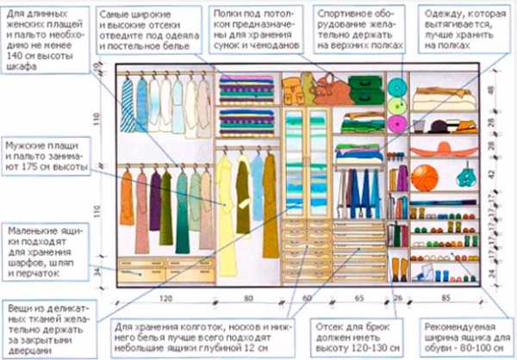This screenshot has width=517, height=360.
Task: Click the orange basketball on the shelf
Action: [x=424, y=177]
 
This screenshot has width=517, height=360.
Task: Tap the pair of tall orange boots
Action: [x=399, y=269]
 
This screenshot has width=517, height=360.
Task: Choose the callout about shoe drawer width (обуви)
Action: [x=466, y=337]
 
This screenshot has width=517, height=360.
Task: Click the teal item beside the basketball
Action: [x=465, y=176]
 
